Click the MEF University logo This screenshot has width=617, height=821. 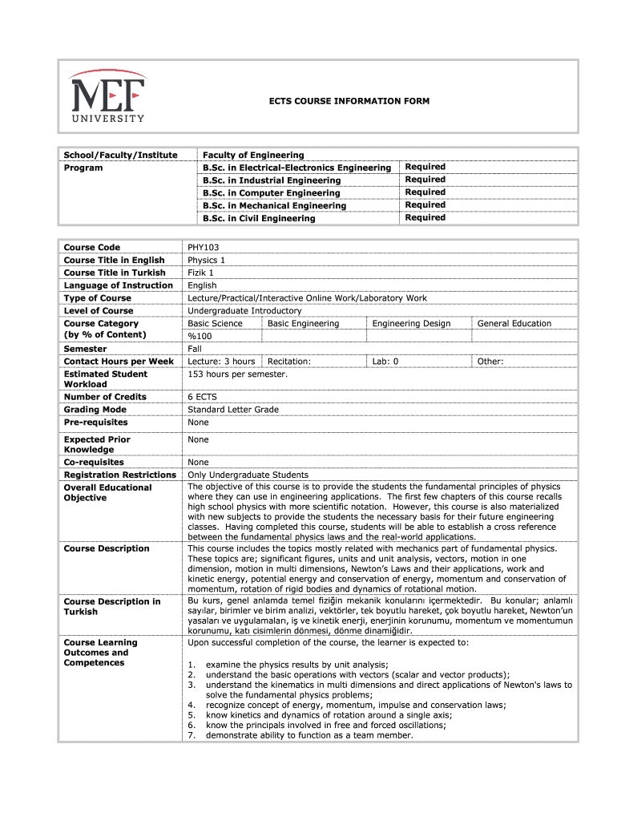coord(107,96)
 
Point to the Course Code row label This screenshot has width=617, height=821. coord(91,248)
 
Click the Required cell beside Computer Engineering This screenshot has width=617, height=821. coord(425,192)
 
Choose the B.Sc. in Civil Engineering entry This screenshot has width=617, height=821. coord(259,218)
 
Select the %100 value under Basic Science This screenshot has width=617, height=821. coord(200,336)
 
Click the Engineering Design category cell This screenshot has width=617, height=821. coord(411,323)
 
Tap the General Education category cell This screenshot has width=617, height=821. coord(514,323)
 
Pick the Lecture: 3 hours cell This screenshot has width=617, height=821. coord(221,362)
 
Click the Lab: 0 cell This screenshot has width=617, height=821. coord(385,362)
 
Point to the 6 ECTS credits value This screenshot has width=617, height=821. coord(202,397)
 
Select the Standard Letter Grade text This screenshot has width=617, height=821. coord(233,410)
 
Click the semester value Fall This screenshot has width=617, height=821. coord(195,349)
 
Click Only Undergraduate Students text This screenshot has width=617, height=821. coord(248,475)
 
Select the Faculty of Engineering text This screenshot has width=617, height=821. coord(253,155)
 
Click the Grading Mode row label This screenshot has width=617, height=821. coord(95,410)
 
